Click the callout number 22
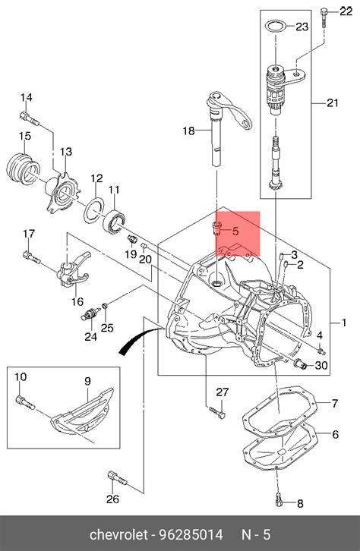pyautogui.click(x=346, y=11)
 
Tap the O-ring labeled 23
pyautogui.click(x=275, y=27)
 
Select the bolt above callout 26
pyautogui.click(x=117, y=477)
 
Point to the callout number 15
pyautogui.click(x=25, y=136)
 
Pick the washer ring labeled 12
pyautogui.click(x=94, y=210)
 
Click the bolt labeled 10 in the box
pyautogui.click(x=25, y=401)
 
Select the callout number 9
pyautogui.click(x=87, y=381)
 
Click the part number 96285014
pyautogui.click(x=191, y=534)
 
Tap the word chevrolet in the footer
pyautogui.click(x=118, y=534)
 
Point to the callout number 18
pyautogui.click(x=189, y=131)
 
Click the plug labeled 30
pyautogui.click(x=300, y=364)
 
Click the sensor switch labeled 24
pyautogui.click(x=90, y=313)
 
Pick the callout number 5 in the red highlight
pyautogui.click(x=235, y=231)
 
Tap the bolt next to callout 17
pyautogui.click(x=32, y=257)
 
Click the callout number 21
pyautogui.click(x=332, y=102)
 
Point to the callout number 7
pyautogui.click(x=335, y=403)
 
